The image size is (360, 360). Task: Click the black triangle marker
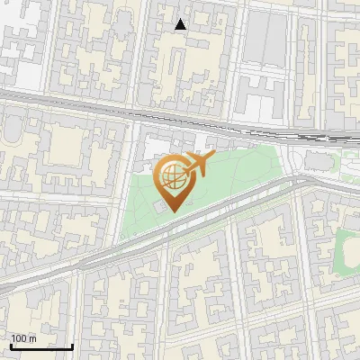click(181, 24)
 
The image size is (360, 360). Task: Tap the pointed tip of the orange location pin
click(172, 211)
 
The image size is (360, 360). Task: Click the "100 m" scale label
click(24, 338)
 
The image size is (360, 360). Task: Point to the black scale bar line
click(41, 346)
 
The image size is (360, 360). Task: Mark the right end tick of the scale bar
click(72, 346)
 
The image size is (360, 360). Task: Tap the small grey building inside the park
click(159, 208)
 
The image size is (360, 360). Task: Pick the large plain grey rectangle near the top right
click(265, 40)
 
